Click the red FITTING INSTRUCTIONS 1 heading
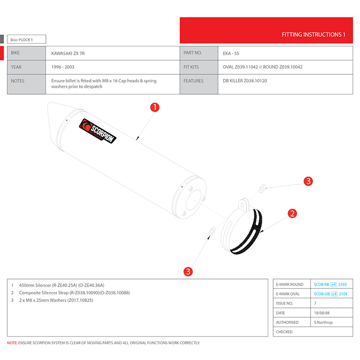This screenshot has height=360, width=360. click(313, 35)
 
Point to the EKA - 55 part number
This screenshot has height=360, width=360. click(231, 53)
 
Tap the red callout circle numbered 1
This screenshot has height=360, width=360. click(154, 108)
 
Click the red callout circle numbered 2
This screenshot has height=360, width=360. click(292, 213)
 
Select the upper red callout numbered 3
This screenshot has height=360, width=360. click(308, 181)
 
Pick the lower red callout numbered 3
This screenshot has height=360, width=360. click(188, 271)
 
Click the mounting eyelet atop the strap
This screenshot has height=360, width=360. click(243, 204)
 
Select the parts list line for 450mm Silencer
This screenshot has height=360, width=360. click(58, 285)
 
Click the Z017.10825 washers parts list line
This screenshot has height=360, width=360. click(56, 300)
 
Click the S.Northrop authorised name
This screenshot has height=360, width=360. click(323, 322)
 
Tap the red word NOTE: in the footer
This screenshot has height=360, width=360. click(12, 343)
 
